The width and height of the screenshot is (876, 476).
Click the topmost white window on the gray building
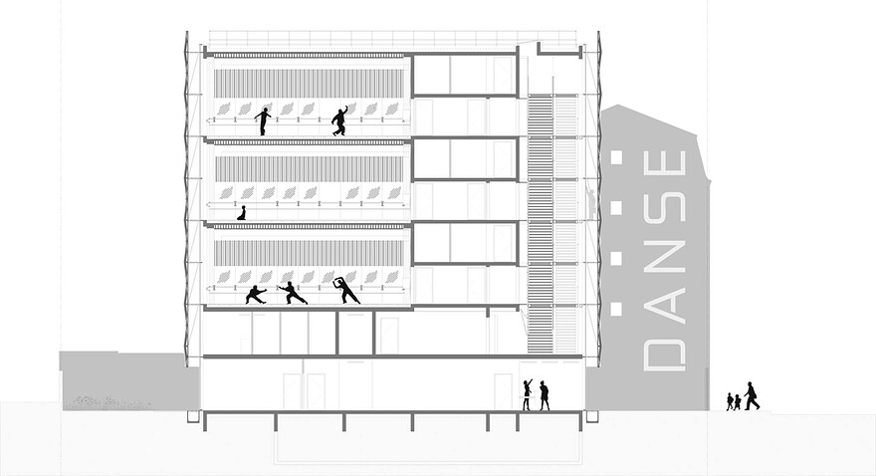(616, 157)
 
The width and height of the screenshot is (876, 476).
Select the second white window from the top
(616, 207)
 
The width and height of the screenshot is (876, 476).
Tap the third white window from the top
(616, 258)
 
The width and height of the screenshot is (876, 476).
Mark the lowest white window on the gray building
(616, 308)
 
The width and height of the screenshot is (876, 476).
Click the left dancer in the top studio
(263, 121)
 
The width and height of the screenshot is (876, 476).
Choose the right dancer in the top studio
(339, 120)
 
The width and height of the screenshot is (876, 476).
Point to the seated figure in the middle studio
(241, 212)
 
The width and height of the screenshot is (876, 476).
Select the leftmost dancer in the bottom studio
(256, 295)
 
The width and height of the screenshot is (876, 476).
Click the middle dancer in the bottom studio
(293, 293)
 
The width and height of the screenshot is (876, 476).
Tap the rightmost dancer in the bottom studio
(346, 290)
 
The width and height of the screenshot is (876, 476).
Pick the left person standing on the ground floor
(527, 395)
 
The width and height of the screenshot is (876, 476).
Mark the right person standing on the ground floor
(544, 395)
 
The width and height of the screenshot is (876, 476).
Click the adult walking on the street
(751, 396)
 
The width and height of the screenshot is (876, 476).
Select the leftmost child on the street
(730, 401)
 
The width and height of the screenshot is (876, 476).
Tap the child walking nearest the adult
(738, 402)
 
